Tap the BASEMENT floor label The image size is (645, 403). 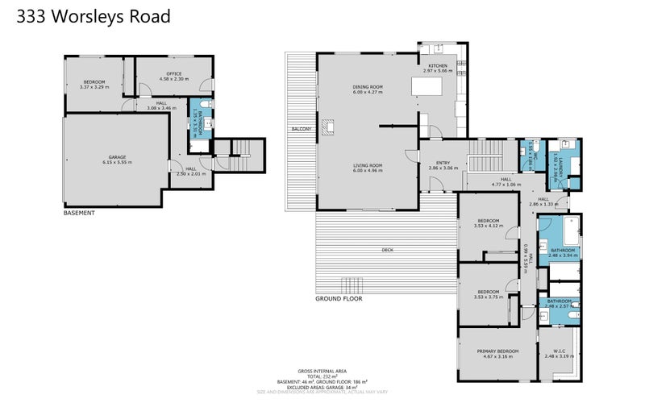[80, 214]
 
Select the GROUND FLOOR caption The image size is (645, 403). [339, 298]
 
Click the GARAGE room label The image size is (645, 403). [117, 157]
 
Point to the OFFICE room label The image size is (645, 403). [173, 74]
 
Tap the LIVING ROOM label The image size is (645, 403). [367, 165]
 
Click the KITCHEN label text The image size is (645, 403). [438, 65]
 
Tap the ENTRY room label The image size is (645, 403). [443, 163]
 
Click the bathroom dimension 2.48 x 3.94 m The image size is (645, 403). [563, 256]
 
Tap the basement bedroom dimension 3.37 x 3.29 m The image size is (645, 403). [94, 85]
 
